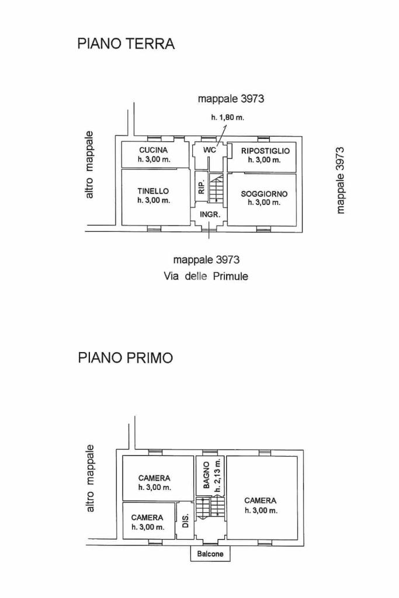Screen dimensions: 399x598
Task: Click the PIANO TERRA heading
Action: point(126,44)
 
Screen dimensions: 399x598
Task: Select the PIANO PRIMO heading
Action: point(126,358)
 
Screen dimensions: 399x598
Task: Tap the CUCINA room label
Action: point(154,150)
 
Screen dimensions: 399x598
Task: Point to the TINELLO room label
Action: point(153,191)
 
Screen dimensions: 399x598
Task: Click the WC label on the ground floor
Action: point(210,150)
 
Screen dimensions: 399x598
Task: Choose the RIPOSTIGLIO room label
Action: point(265,151)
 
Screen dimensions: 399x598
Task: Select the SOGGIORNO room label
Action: point(264,194)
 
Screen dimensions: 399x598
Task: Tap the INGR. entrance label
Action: point(210,214)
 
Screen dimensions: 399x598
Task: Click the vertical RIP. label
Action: point(200,187)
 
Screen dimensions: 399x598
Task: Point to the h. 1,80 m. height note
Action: point(228,117)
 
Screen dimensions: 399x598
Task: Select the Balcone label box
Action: point(210,554)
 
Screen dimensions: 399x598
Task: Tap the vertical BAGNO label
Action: point(206,475)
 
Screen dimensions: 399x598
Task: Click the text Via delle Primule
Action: point(206,276)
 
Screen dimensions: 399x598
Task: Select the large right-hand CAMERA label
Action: point(261,500)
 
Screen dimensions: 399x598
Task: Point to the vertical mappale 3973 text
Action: point(341,179)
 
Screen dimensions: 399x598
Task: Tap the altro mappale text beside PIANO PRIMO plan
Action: point(90,478)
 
